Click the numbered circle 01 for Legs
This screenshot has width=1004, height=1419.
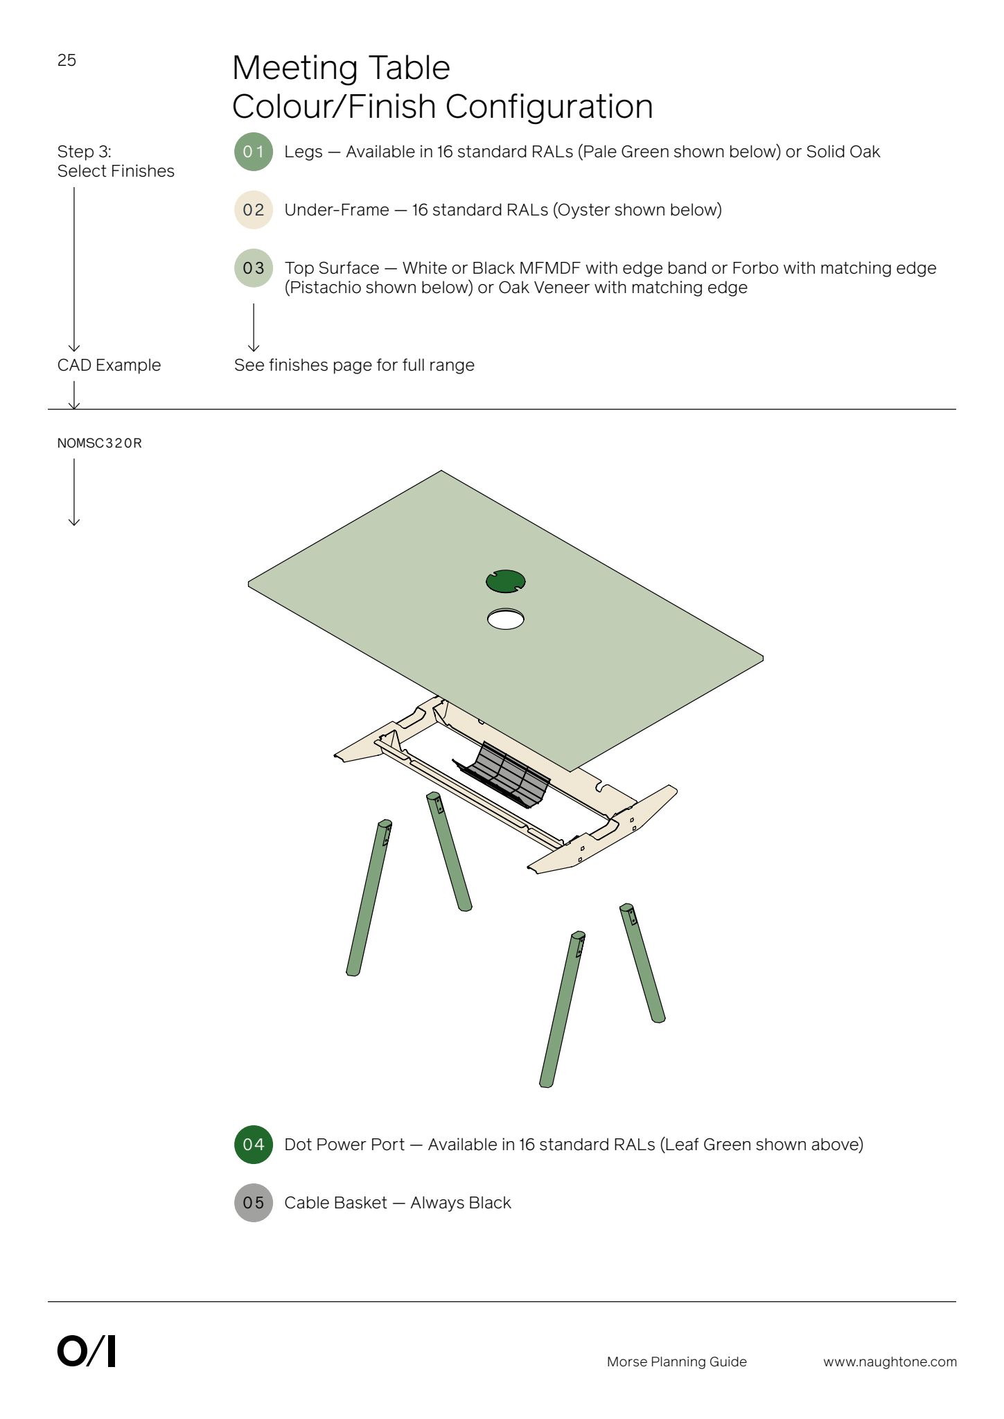[x=254, y=152]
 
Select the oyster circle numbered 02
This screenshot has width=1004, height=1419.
[x=254, y=210]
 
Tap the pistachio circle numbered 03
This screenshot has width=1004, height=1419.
[x=254, y=268]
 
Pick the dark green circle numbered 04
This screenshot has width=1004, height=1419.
[x=254, y=1145]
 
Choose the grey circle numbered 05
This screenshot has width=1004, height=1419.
[x=254, y=1203]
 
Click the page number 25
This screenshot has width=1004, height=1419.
[x=67, y=60]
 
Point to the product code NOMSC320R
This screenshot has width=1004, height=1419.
[x=100, y=443]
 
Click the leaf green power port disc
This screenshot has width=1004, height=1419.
[x=506, y=581]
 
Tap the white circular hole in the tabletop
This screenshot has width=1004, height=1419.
[x=506, y=619]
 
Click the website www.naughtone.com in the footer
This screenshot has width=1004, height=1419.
[x=890, y=1362]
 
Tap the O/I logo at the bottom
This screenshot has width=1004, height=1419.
[x=87, y=1351]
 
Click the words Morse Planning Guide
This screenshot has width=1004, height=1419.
[x=677, y=1362]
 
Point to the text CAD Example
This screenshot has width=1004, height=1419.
[x=109, y=365]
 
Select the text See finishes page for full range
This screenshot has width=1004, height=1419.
[x=354, y=365]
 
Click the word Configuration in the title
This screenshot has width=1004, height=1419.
[x=549, y=107]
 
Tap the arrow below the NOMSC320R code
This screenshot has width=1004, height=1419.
[x=74, y=492]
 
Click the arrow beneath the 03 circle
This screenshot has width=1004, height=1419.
[x=254, y=328]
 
